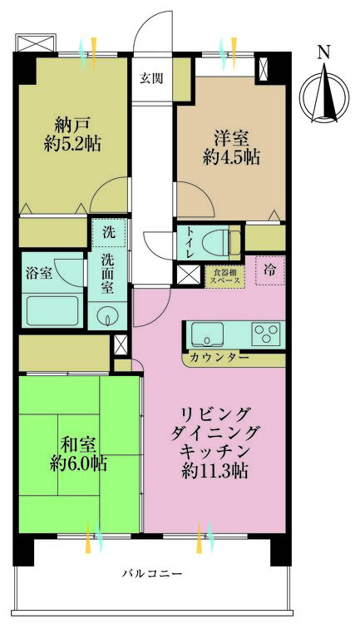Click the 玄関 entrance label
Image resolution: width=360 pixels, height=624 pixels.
coord(151,79)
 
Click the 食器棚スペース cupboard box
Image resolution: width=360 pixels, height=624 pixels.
coord(225,275)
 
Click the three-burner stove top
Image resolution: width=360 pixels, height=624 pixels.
coord(268,334)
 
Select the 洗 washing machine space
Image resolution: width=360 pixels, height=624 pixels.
coord(108,232)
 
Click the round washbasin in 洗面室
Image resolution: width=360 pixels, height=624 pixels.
coord(108,315)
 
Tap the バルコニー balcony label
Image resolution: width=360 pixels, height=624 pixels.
coord(152,573)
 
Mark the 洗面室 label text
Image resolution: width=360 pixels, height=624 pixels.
coord(108,272)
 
